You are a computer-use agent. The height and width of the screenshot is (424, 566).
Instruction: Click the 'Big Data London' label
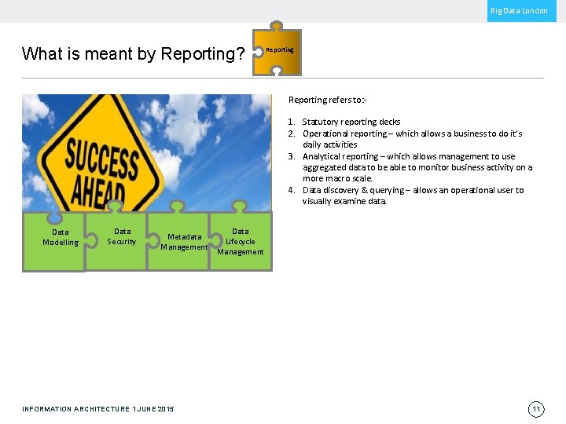[519, 11]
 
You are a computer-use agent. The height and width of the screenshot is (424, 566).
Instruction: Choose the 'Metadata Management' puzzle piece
[183, 242]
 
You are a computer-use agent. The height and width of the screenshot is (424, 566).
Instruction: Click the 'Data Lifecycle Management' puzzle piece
[241, 242]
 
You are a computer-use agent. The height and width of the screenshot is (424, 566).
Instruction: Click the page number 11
[535, 409]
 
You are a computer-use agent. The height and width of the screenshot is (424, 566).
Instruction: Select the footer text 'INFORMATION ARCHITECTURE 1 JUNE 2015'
[98, 409]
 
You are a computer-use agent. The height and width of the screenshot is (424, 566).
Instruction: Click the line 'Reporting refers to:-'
[327, 101]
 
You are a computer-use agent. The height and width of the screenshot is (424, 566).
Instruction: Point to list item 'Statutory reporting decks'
[351, 122]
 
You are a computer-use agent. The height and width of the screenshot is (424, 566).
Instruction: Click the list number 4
[291, 191]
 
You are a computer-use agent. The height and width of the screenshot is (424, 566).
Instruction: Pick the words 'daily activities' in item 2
[330, 145]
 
